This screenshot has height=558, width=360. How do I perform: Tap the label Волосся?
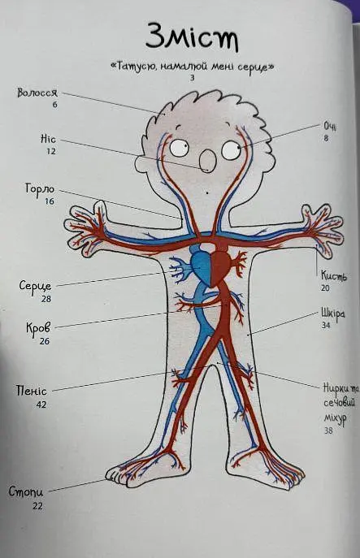[37, 93]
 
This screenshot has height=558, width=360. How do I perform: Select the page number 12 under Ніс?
[51, 151]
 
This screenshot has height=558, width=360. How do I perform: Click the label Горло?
[40, 188]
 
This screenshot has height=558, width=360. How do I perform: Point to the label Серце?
[35, 286]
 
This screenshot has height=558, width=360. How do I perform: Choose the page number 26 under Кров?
[45, 341]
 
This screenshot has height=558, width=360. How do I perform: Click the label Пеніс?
[32, 391]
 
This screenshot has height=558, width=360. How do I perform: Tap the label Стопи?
[26, 492]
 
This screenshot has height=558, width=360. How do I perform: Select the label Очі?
[329, 127]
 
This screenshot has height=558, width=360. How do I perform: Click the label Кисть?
[334, 275]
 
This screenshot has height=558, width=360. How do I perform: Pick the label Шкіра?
[332, 314]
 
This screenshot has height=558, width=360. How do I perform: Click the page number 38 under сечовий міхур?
[328, 430]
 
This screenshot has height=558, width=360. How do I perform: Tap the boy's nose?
[207, 161]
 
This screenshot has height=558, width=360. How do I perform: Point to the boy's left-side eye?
[179, 148]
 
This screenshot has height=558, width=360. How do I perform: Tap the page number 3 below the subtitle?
[193, 78]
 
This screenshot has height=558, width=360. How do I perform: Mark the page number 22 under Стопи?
[37, 506]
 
